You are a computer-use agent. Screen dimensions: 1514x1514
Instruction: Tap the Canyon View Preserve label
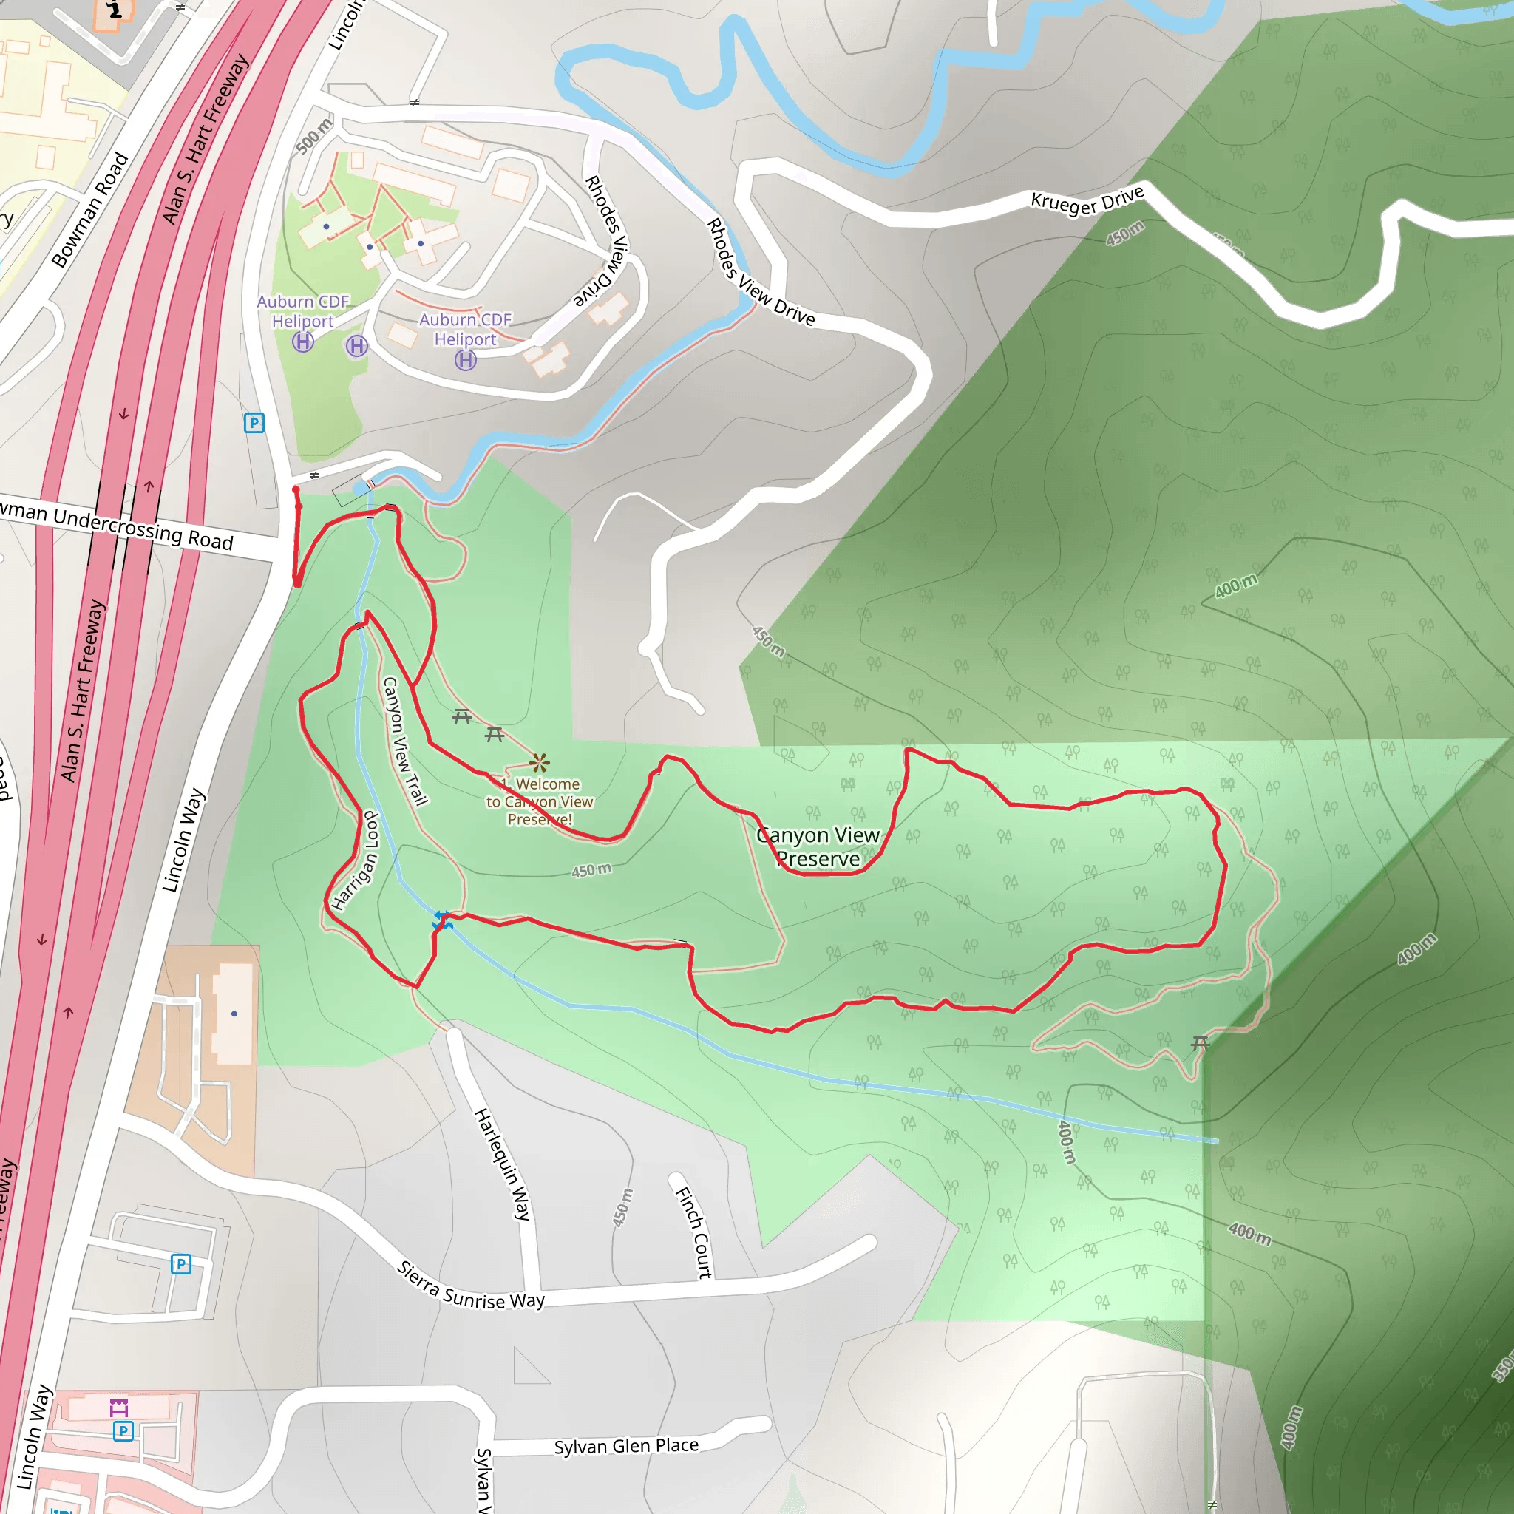tap(818, 847)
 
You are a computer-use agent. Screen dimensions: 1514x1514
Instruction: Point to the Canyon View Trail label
tap(404, 741)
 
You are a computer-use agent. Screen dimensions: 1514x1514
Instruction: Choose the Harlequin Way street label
tap(502, 1164)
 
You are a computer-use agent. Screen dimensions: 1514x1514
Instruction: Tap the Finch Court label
tap(694, 1232)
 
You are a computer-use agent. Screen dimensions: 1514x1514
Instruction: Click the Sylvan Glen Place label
tap(626, 1446)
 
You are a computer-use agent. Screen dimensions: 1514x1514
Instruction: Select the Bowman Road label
tap(89, 210)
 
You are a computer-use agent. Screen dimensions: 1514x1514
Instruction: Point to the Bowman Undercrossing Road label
tap(118, 526)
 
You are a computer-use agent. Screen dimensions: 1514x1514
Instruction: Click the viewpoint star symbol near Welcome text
tap(539, 762)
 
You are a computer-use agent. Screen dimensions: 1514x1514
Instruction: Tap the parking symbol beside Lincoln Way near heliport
tap(254, 423)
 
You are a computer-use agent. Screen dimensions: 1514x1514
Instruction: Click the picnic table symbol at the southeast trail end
tap(1200, 1043)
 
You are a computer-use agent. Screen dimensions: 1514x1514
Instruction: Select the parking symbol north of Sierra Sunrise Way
tap(181, 1263)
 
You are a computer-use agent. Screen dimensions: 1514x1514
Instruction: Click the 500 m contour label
tap(314, 136)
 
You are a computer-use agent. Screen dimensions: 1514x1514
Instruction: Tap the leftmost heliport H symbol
tap(303, 342)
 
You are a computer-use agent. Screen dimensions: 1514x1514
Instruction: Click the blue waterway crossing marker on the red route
tap(442, 922)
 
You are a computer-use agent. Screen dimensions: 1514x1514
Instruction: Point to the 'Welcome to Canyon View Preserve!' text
tap(540, 801)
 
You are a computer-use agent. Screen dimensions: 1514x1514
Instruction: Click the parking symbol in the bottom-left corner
tap(123, 1431)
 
